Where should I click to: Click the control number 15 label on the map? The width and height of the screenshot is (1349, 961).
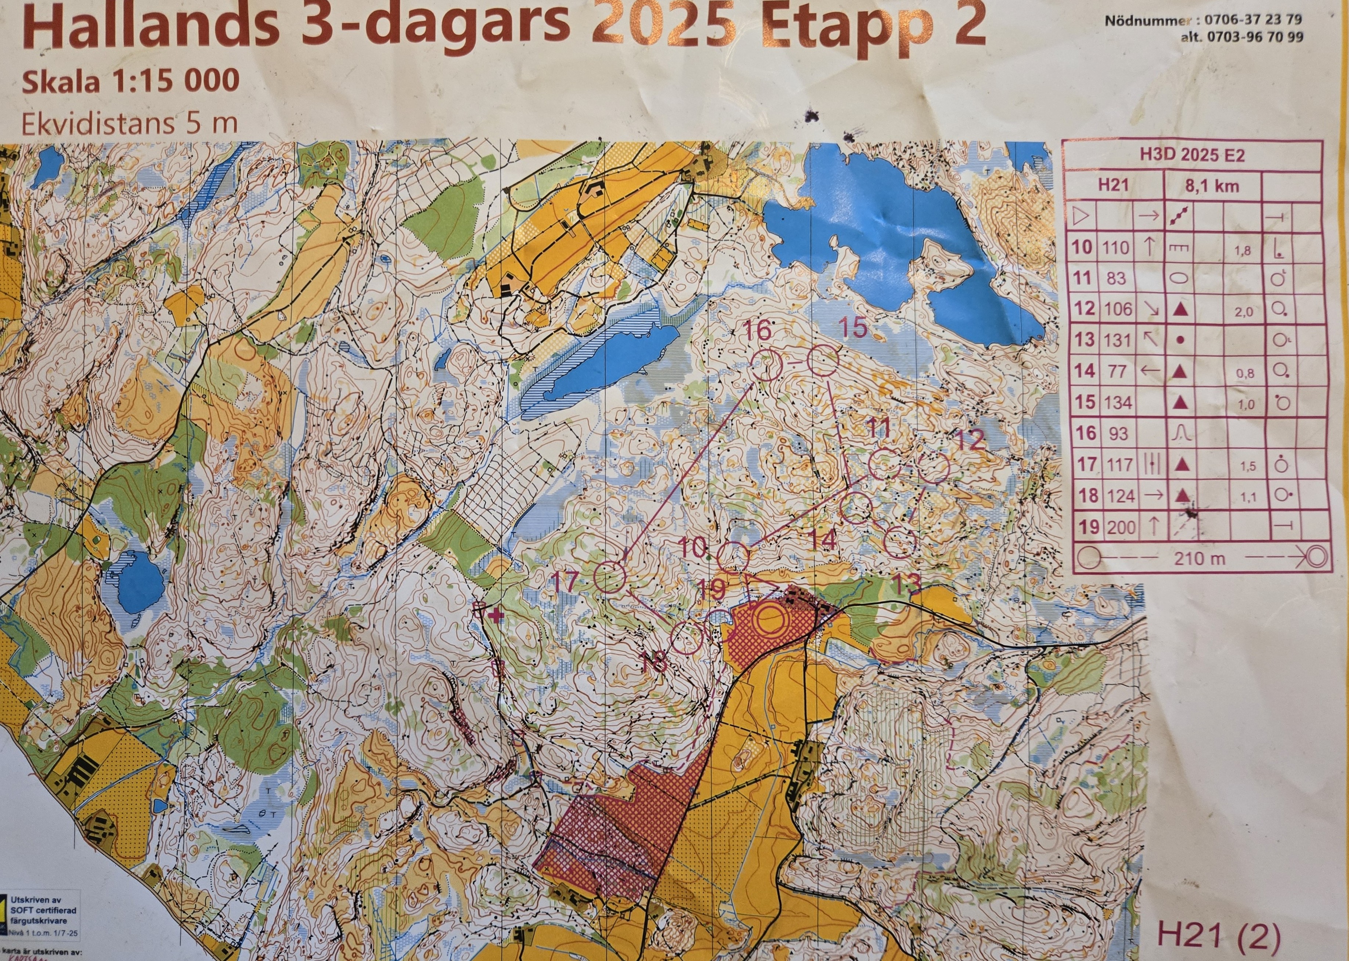pos(852,328)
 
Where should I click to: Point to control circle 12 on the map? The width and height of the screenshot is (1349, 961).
pos(934,468)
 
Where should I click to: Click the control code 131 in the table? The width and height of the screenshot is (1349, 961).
pos(1119,340)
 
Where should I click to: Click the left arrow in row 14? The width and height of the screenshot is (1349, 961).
pos(1148,371)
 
